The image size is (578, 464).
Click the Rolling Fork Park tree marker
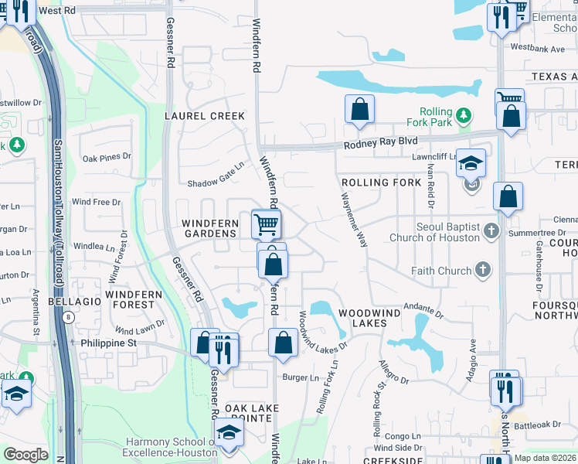coord(463,116)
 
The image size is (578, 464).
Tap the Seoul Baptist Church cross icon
coord(490,230)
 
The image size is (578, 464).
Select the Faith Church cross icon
coord(482,270)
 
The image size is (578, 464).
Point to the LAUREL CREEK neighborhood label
coord(205,116)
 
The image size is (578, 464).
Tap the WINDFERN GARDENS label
coord(209,228)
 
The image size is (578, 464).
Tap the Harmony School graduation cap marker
coord(228,433)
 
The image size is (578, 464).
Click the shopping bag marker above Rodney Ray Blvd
coord(359,109)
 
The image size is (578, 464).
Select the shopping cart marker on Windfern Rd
coord(266,224)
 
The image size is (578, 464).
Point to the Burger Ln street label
coord(300,377)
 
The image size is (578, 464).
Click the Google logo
coord(26,455)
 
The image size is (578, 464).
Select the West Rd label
coord(56,12)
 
